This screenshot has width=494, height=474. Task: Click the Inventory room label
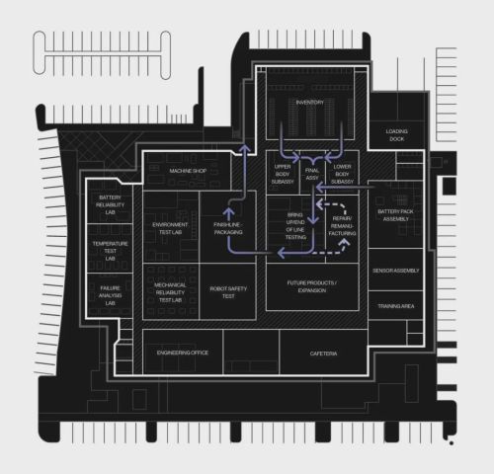(309, 103)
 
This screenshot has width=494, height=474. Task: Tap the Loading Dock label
(396, 135)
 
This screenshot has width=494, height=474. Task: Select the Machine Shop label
(188, 171)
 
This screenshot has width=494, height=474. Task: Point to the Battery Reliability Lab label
(110, 204)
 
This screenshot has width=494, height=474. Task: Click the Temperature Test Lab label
(110, 251)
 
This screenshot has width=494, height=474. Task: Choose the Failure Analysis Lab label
(110, 295)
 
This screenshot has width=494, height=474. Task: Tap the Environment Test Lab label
(170, 228)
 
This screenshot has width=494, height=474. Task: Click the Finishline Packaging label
(228, 228)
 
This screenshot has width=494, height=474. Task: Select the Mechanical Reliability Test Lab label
(170, 292)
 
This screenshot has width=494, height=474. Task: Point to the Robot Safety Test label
(228, 292)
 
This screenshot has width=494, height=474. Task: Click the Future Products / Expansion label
(312, 286)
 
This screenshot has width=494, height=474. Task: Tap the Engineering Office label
(183, 353)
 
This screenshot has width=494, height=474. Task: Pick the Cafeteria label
(323, 354)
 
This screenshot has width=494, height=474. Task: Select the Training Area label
(395, 306)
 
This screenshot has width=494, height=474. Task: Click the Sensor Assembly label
(395, 271)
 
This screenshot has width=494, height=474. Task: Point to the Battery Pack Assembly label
(395, 215)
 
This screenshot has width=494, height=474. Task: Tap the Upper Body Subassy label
(283, 174)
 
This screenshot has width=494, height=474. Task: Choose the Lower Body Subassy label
(342, 174)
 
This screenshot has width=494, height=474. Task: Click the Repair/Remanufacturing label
(342, 226)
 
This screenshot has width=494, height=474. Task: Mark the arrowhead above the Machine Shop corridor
(244, 148)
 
